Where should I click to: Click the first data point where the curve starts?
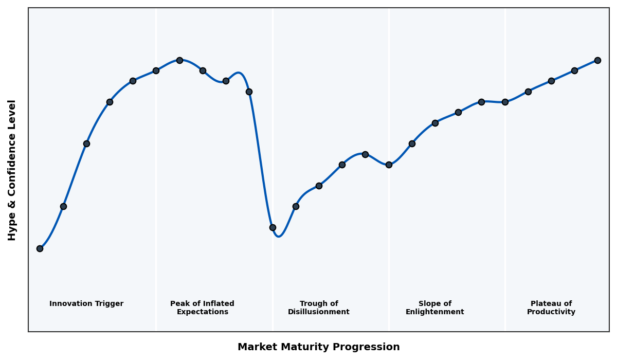pos(40,248)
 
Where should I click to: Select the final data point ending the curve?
pos(597,60)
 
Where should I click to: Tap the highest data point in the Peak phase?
pos(179,60)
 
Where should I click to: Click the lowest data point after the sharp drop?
pos(273,227)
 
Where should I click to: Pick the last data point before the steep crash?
pos(249,92)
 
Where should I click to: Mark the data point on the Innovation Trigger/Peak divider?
pos(156,70)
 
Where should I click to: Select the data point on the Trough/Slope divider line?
pos(389,165)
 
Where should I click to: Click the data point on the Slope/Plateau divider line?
pos(505,102)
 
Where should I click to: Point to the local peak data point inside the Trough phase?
pos(365,154)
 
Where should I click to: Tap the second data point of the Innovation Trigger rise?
pos(63,206)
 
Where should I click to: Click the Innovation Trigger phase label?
pos(86,304)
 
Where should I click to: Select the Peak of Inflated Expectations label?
pos(202,308)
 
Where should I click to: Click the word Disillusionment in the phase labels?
pos(319,312)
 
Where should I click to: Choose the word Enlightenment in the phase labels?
pos(435,312)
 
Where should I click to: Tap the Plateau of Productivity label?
pos(551,308)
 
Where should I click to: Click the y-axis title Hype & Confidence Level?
pos(12,170)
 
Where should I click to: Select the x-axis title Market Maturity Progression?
pos(319,347)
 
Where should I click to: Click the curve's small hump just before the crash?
pos(239,73)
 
